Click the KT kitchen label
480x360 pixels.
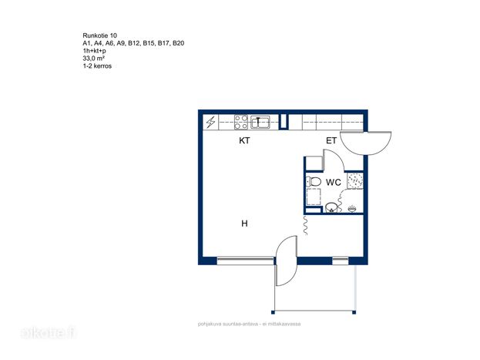(x=244, y=140)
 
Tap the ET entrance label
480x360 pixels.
(x=331, y=140)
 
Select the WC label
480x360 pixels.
(x=334, y=182)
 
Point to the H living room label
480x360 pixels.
(x=244, y=224)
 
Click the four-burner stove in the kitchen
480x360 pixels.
(x=241, y=122)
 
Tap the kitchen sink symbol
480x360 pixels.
(x=260, y=122)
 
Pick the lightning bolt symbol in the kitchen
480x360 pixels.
(x=210, y=123)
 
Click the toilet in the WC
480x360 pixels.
(x=314, y=182)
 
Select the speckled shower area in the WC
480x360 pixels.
(x=355, y=180)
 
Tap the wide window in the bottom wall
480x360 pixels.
(x=245, y=261)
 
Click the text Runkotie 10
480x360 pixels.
(x=100, y=35)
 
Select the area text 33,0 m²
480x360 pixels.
(x=94, y=59)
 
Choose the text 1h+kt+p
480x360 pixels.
(x=94, y=51)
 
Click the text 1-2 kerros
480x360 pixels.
(x=97, y=66)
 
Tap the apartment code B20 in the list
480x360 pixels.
(x=179, y=43)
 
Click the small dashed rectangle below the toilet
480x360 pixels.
(x=314, y=197)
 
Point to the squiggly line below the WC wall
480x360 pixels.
(x=305, y=225)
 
